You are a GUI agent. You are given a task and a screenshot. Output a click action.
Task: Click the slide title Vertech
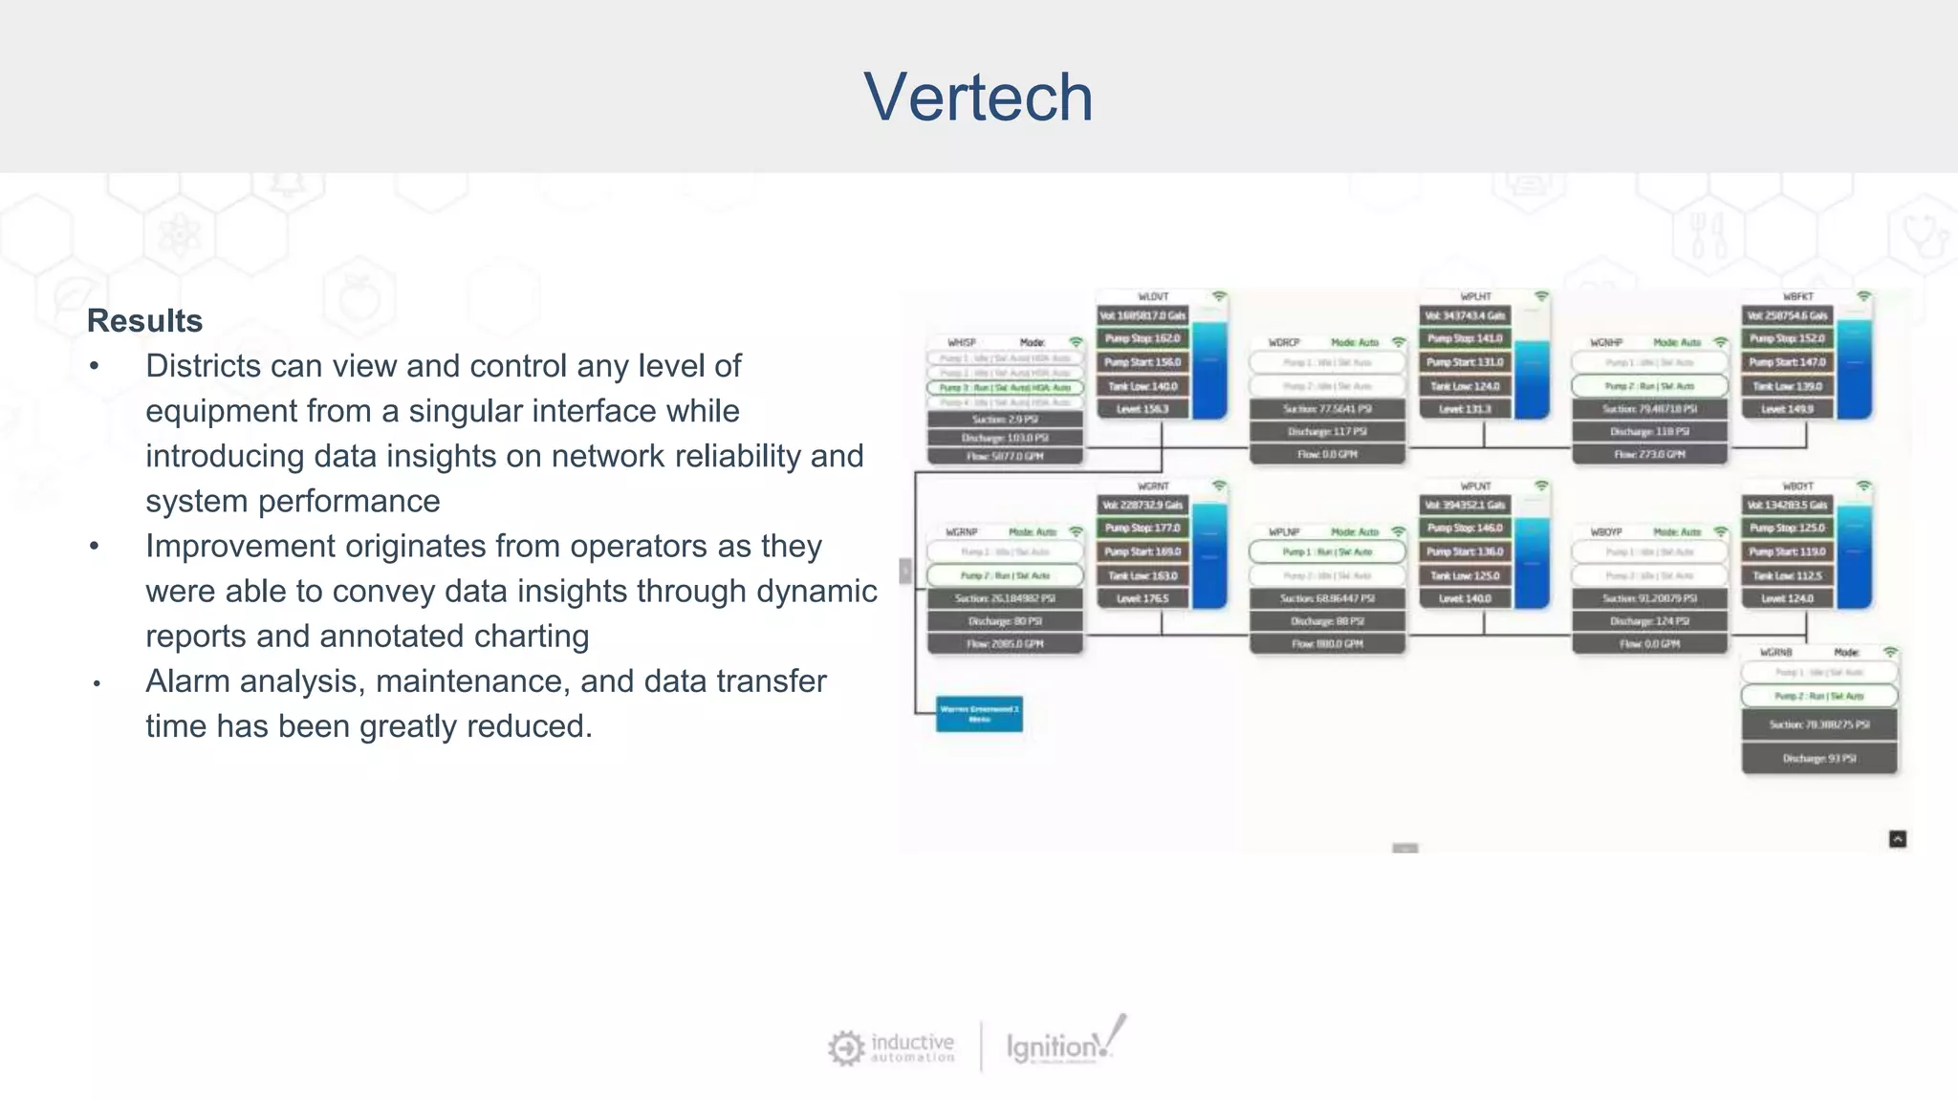click(978, 97)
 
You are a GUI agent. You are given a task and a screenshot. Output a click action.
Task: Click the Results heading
click(144, 321)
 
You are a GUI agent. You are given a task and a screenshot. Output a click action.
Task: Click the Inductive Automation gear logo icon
click(846, 1047)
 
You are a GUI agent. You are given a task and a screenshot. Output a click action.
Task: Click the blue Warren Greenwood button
click(979, 713)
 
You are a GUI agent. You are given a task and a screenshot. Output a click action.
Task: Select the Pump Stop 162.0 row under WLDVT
click(1142, 338)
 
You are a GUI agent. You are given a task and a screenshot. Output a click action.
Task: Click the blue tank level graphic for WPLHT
click(1533, 378)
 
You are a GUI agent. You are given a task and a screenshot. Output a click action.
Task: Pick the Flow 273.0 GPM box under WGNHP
click(1649, 455)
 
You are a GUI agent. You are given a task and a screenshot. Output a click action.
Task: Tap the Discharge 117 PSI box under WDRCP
click(1327, 432)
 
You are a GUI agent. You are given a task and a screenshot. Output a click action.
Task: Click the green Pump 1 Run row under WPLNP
click(1327, 552)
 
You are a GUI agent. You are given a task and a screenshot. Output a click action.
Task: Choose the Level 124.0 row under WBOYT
click(1787, 599)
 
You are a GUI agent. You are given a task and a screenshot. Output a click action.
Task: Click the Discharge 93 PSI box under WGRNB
click(1818, 759)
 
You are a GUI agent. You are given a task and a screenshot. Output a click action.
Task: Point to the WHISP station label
click(962, 342)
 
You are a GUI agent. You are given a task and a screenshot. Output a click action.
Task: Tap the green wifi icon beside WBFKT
click(1863, 296)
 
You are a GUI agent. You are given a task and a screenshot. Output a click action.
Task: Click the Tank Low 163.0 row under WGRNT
click(1142, 576)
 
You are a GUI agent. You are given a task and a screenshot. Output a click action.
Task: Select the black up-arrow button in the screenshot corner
click(1898, 839)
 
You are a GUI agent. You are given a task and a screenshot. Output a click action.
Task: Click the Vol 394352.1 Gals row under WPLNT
click(1465, 505)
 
